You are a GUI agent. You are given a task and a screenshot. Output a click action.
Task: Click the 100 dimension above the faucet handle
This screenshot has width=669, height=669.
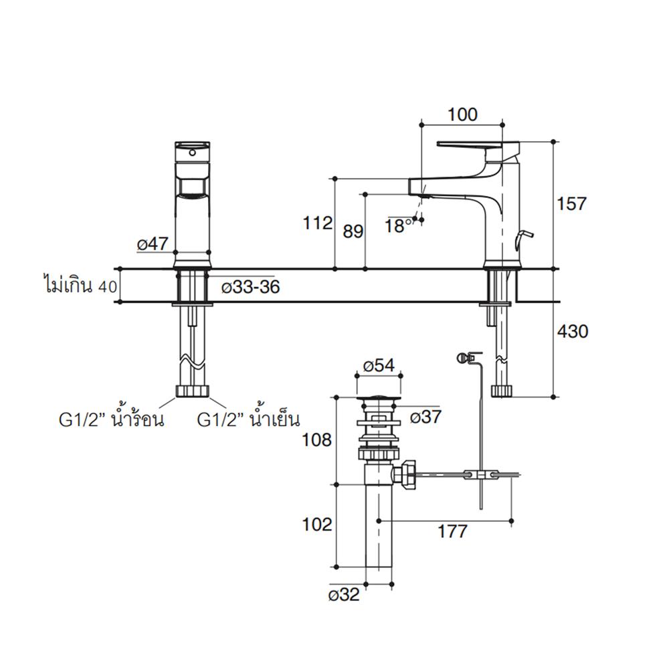(x=462, y=114)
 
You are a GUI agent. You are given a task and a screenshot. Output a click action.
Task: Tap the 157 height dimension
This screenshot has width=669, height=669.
(x=572, y=203)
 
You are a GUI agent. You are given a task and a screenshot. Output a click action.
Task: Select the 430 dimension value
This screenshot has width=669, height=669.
(x=572, y=330)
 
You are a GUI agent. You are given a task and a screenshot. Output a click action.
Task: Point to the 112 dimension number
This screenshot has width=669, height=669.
(x=317, y=223)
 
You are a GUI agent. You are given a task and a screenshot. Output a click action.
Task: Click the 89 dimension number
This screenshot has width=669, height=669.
(x=353, y=231)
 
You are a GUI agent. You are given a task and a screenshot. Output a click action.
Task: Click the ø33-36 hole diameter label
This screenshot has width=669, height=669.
(x=250, y=287)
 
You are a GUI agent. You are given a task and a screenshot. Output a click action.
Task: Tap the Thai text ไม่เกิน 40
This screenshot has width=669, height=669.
(x=77, y=287)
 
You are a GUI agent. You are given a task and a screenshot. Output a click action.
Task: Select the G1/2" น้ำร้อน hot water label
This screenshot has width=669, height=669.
(x=110, y=420)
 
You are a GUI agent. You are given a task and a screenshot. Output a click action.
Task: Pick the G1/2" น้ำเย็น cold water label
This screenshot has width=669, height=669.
(x=248, y=420)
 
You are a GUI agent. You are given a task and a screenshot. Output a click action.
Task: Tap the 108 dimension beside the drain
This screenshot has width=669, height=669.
(x=317, y=440)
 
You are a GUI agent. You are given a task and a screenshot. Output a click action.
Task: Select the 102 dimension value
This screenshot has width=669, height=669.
(x=317, y=524)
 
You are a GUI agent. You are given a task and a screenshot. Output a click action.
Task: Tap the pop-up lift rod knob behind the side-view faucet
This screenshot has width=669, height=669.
(x=527, y=235)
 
